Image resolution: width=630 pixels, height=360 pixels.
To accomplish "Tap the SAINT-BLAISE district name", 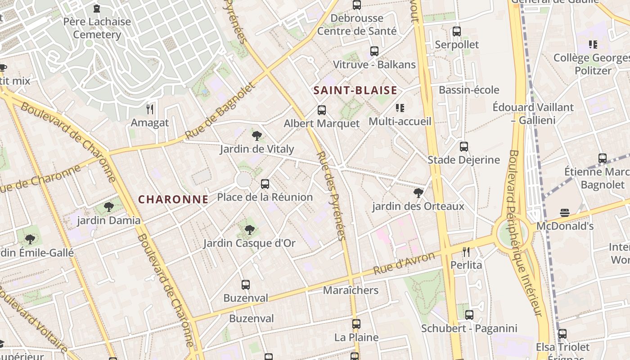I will [355, 90].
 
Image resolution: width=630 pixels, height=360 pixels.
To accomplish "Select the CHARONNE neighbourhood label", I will [173, 199].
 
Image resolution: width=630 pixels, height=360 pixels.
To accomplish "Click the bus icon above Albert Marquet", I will [322, 110].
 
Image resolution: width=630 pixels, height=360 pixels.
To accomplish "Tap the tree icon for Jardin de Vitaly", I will [257, 135].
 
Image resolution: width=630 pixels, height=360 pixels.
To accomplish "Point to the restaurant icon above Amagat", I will [150, 109].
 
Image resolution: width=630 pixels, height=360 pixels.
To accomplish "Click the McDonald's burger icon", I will [565, 213].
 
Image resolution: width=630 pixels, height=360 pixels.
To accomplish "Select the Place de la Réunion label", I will [265, 197].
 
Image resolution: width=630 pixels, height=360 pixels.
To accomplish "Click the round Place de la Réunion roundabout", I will [243, 180].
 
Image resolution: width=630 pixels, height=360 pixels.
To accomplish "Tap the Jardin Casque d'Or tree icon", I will [249, 230].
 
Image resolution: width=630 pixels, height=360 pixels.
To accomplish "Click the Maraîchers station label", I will [351, 290].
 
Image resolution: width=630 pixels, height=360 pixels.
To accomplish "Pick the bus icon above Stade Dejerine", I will [463, 147].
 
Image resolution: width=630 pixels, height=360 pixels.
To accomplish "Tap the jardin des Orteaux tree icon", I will [418, 193].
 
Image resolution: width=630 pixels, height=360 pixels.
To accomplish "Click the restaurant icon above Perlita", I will [466, 252].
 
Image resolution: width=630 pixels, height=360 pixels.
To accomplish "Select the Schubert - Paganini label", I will [469, 328].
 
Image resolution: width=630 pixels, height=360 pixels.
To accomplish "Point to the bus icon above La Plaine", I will [356, 324].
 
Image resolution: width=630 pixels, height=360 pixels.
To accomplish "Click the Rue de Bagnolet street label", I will [220, 111].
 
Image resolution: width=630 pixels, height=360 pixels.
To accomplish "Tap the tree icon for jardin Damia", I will [108, 207].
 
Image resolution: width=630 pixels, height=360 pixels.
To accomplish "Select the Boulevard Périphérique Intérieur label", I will [525, 233].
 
